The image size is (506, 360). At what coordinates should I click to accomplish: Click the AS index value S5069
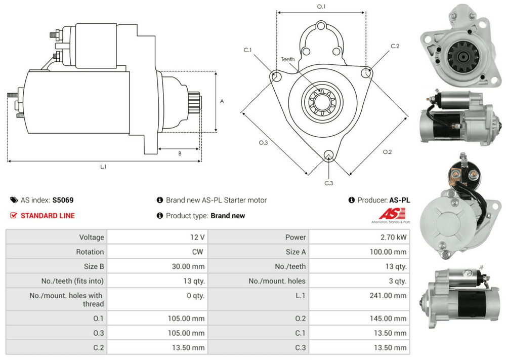(x=63, y=200)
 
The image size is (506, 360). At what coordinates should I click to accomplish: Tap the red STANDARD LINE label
(x=47, y=216)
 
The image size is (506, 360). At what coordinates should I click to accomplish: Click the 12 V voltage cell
(x=198, y=237)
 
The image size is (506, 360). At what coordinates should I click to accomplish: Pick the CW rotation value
(x=198, y=252)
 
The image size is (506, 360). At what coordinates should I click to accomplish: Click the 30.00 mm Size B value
(x=188, y=266)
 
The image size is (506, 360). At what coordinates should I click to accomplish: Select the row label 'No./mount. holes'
(x=277, y=281)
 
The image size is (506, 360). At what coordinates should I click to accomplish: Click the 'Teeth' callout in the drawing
(x=288, y=60)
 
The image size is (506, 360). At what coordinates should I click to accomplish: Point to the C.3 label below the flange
(x=328, y=183)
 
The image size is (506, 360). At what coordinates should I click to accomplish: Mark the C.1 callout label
(x=247, y=50)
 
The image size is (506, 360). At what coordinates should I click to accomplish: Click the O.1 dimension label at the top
(x=321, y=7)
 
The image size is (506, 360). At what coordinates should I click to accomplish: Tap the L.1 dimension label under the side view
(x=103, y=166)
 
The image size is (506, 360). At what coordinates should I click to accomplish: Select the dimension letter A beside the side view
(x=222, y=101)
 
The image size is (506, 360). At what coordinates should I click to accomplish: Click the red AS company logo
(x=387, y=214)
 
